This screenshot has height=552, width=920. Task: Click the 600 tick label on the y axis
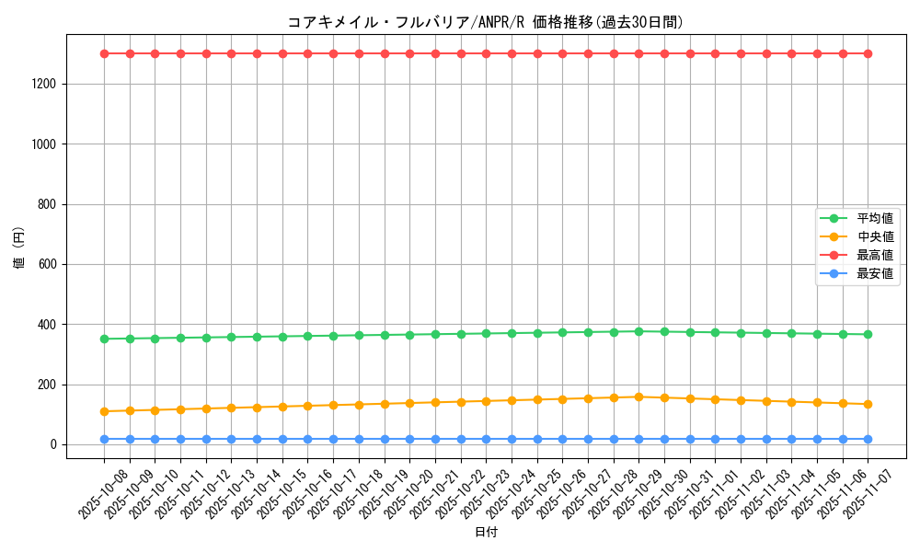click(x=48, y=265)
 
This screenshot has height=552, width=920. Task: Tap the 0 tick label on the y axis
click(x=54, y=445)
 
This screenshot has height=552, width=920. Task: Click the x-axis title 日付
click(x=486, y=533)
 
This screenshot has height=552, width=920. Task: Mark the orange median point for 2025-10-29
click(x=638, y=397)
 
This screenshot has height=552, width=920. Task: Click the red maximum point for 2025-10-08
click(x=104, y=53)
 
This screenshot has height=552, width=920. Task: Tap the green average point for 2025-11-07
click(x=868, y=334)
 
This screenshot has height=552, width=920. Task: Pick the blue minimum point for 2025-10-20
click(x=409, y=439)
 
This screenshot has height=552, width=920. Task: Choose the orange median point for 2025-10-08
click(x=104, y=411)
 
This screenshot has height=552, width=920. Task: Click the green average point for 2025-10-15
click(x=282, y=337)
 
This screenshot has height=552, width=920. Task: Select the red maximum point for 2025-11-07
click(x=868, y=53)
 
